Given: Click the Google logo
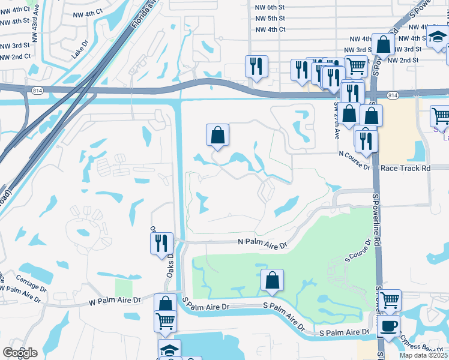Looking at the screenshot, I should (20, 353).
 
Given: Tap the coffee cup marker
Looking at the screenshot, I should (388, 327).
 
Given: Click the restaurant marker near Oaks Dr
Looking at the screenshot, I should (161, 243).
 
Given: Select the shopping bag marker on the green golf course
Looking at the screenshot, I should (273, 280).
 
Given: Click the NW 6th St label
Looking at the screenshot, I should (270, 7).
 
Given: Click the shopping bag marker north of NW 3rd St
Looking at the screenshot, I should (383, 44).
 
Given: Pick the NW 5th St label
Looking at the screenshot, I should (270, 19).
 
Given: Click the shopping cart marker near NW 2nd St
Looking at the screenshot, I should (356, 66).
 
